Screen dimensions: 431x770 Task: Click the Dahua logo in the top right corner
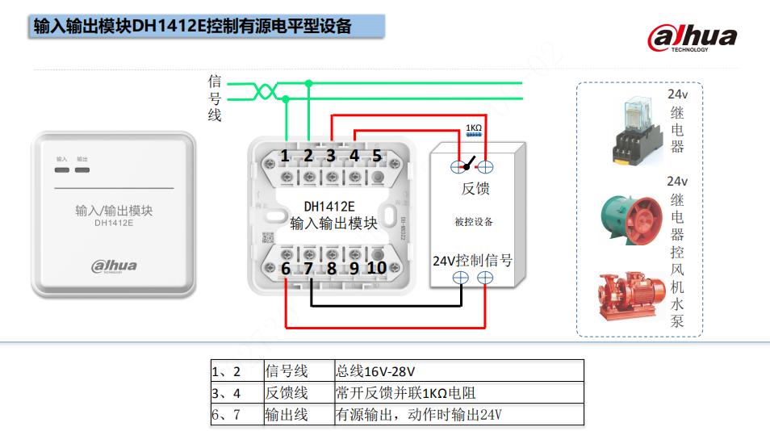pyautogui.click(x=692, y=38)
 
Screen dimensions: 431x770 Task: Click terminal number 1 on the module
pyautogui.click(x=285, y=156)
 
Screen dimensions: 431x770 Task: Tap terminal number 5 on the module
pyautogui.click(x=376, y=156)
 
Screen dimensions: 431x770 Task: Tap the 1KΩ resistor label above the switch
pyautogui.click(x=474, y=128)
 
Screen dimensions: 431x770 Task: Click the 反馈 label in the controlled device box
pyautogui.click(x=475, y=189)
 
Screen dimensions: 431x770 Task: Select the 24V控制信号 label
pyautogui.click(x=472, y=260)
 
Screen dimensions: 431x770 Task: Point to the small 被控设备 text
pyautogui.click(x=474, y=222)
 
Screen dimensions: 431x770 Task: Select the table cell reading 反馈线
pyautogui.click(x=287, y=393)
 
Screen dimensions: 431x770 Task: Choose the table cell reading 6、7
pyautogui.click(x=226, y=415)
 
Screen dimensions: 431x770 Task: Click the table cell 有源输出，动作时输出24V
pyautogui.click(x=418, y=415)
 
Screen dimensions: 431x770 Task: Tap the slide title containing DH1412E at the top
pyautogui.click(x=192, y=26)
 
